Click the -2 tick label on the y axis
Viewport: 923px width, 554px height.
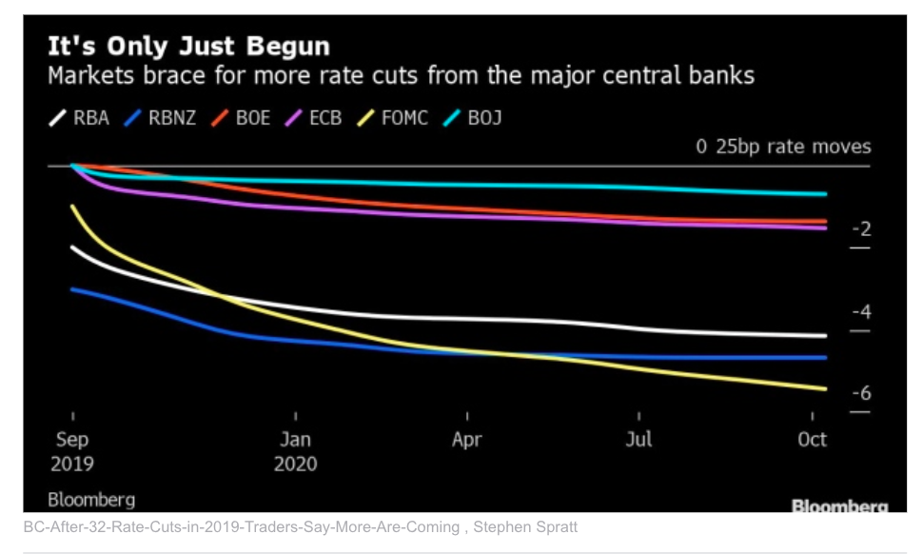coord(860,229)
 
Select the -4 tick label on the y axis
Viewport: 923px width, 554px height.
coord(860,312)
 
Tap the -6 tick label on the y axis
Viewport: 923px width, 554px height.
coord(860,394)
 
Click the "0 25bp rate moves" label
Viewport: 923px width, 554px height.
coord(783,147)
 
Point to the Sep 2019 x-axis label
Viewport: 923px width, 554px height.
coord(73,451)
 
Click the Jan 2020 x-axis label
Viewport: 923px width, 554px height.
coord(295,451)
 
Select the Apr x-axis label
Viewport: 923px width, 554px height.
coord(466,440)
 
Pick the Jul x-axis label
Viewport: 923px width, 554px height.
coord(638,440)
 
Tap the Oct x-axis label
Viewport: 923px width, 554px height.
coord(812,440)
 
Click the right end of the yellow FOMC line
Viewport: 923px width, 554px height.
coord(825,388)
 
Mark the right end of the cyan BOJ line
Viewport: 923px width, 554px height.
coord(825,193)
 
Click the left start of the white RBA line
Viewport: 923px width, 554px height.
coord(73,247)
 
